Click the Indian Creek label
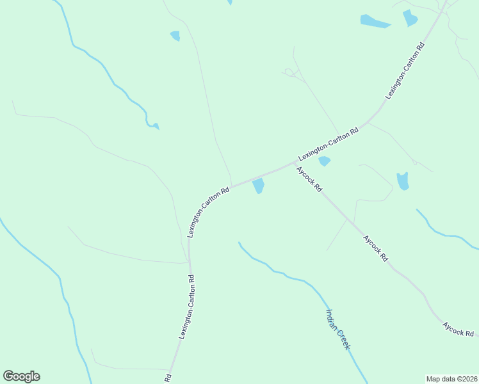click(x=338, y=330)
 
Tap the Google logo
click(x=21, y=376)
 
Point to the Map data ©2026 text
click(x=452, y=379)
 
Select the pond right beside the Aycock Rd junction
click(x=324, y=161)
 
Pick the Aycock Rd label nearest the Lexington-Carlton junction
click(x=309, y=181)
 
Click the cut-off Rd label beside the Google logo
click(x=168, y=378)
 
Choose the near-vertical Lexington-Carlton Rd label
click(x=186, y=308)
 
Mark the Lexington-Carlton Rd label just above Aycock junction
click(x=329, y=144)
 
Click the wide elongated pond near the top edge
click(x=375, y=22)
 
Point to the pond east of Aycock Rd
click(x=403, y=181)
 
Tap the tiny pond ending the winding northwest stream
click(x=155, y=126)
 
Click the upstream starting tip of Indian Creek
click(x=239, y=243)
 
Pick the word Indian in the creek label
click(x=332, y=319)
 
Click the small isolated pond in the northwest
click(x=175, y=36)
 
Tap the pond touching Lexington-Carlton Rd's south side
click(x=258, y=186)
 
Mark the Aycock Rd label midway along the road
click(x=376, y=248)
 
